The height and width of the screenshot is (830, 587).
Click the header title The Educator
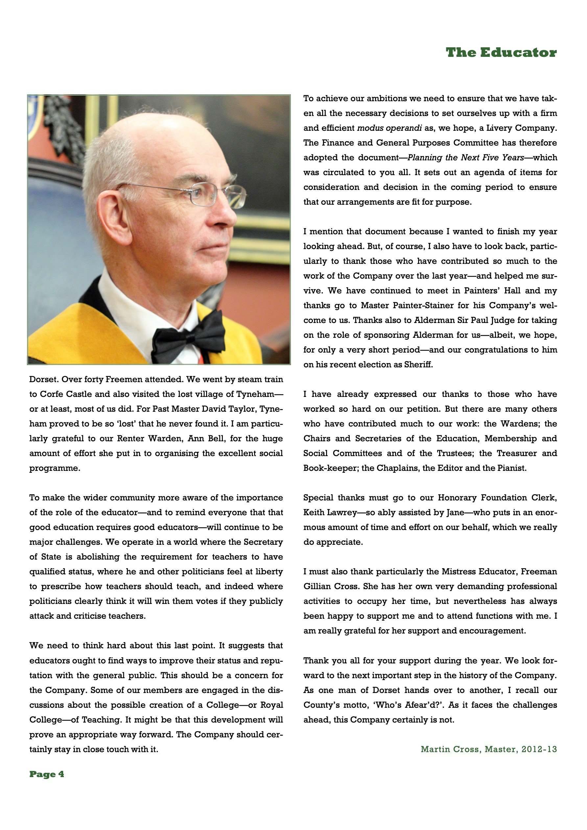coord(501,53)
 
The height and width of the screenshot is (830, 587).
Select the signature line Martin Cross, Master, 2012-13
coord(489,749)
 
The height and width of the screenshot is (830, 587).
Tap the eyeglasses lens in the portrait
coord(204,194)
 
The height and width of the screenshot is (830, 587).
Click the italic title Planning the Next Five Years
coord(465,158)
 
